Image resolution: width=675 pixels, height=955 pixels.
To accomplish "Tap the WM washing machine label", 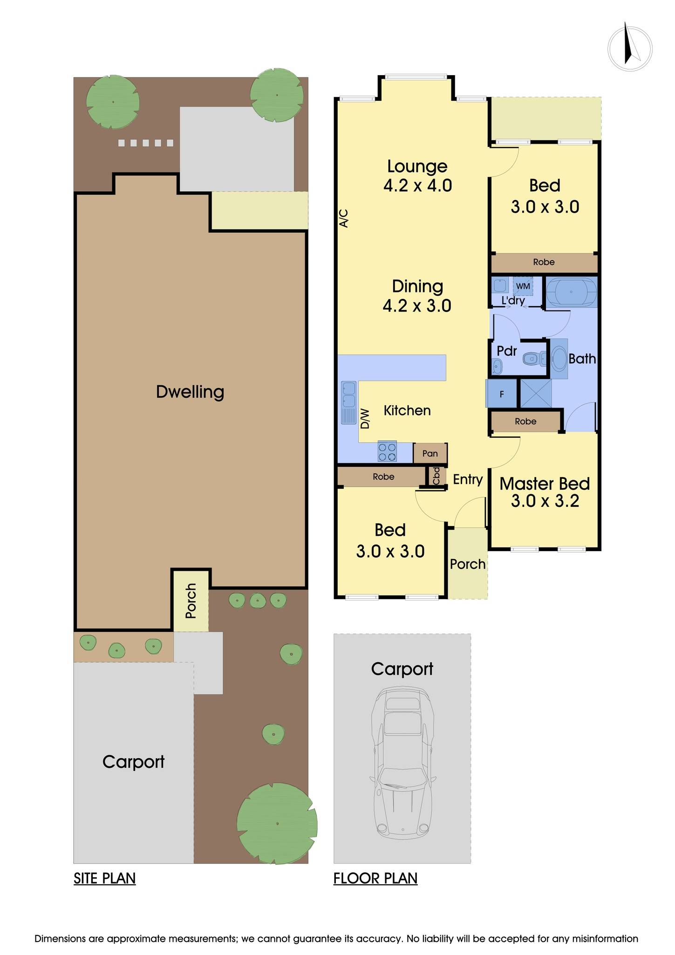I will coord(523,286).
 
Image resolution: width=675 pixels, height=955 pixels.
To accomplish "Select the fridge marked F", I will coord(501,394).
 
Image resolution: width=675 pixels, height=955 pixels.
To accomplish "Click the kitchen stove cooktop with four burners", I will coord(387,451).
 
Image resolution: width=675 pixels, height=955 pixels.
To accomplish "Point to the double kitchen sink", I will coord(348,402).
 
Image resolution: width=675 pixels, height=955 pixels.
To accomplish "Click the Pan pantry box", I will coord(430,453).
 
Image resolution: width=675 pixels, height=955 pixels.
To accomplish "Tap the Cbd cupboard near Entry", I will coord(436,477).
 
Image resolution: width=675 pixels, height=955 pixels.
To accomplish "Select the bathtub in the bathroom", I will coord(571,292).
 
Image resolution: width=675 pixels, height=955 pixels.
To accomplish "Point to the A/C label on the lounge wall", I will coord(343,218).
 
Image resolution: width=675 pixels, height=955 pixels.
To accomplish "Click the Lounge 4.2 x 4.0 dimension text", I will coord(417,186).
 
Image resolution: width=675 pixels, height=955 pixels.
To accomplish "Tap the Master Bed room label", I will coord(545,484).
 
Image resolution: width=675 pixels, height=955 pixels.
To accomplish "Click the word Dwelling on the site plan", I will coord(190,392).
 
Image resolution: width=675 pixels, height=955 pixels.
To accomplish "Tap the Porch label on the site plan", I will coord(191,601).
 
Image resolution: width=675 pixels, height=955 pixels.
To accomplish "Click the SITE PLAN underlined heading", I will coord(104,879).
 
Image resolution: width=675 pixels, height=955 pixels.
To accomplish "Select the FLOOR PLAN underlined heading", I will coord(375,879).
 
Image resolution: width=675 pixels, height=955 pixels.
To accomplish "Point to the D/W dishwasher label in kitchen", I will coord(365,419).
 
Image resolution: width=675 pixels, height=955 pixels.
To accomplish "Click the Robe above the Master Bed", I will coord(525,422).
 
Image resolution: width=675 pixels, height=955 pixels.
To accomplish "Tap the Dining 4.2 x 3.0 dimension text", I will coord(417,306).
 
